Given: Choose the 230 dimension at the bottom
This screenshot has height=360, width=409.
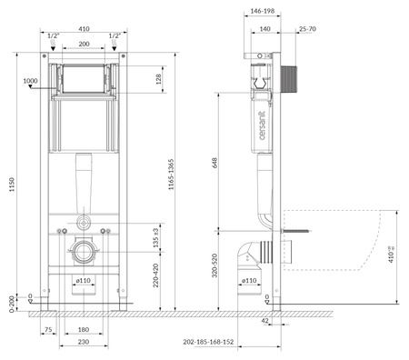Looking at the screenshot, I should point(83,344).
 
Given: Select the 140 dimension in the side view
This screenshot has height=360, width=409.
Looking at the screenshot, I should point(265,29).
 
